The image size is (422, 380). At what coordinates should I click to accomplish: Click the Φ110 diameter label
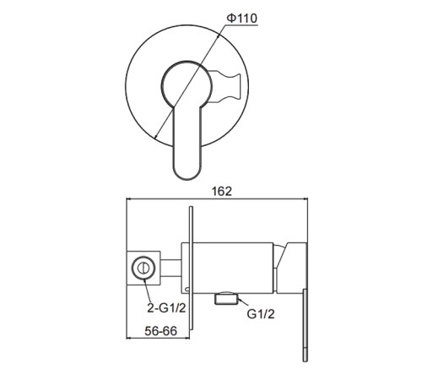[x=242, y=18]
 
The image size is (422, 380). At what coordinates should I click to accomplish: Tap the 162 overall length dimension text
[x=222, y=192]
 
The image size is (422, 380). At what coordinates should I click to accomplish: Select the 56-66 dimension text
[x=161, y=331]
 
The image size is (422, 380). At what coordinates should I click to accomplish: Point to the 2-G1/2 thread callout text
[x=166, y=308]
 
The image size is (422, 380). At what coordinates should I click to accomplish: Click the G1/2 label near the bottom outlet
[x=261, y=314]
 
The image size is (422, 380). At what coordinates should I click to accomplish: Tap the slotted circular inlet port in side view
[x=143, y=268]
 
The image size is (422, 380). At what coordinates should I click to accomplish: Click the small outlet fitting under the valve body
[x=226, y=298]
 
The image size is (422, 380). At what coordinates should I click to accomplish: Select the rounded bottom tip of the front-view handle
[x=187, y=173]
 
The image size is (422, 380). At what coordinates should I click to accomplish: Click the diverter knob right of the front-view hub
[x=225, y=86]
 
